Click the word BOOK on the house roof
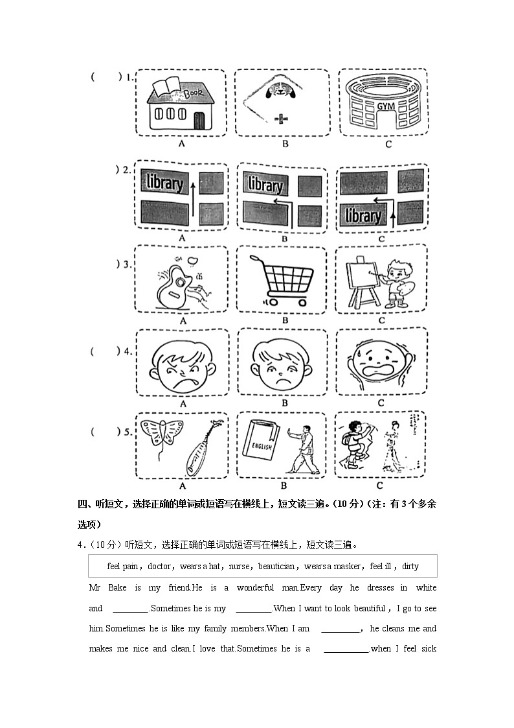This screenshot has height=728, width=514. click(x=194, y=93)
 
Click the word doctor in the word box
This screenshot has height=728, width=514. click(x=159, y=566)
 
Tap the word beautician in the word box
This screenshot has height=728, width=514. click(x=276, y=566)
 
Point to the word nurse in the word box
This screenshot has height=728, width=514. click(x=241, y=566)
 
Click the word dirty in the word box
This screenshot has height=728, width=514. click(x=410, y=566)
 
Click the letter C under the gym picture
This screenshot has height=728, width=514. click(x=388, y=144)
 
